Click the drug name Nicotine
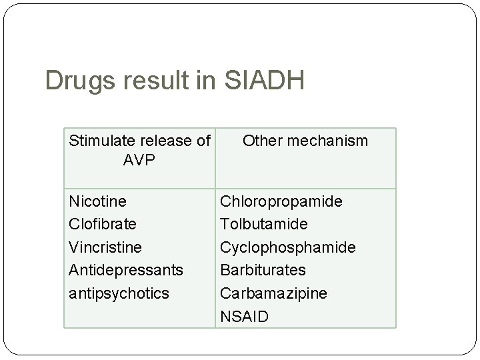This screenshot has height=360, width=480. pyautogui.click(x=98, y=201)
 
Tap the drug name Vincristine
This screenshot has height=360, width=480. pyautogui.click(x=105, y=247)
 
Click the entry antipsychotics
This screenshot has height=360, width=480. pyautogui.click(x=119, y=293)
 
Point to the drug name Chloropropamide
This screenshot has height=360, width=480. pyautogui.click(x=281, y=201)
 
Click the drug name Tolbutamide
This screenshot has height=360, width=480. pyautogui.click(x=263, y=223)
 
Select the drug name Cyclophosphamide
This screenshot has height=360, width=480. pyautogui.click(x=288, y=247)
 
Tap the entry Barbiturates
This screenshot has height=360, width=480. pyautogui.click(x=263, y=270)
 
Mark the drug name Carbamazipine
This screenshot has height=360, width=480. pyautogui.click(x=274, y=293)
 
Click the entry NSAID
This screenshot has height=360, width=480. pyautogui.click(x=245, y=316)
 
